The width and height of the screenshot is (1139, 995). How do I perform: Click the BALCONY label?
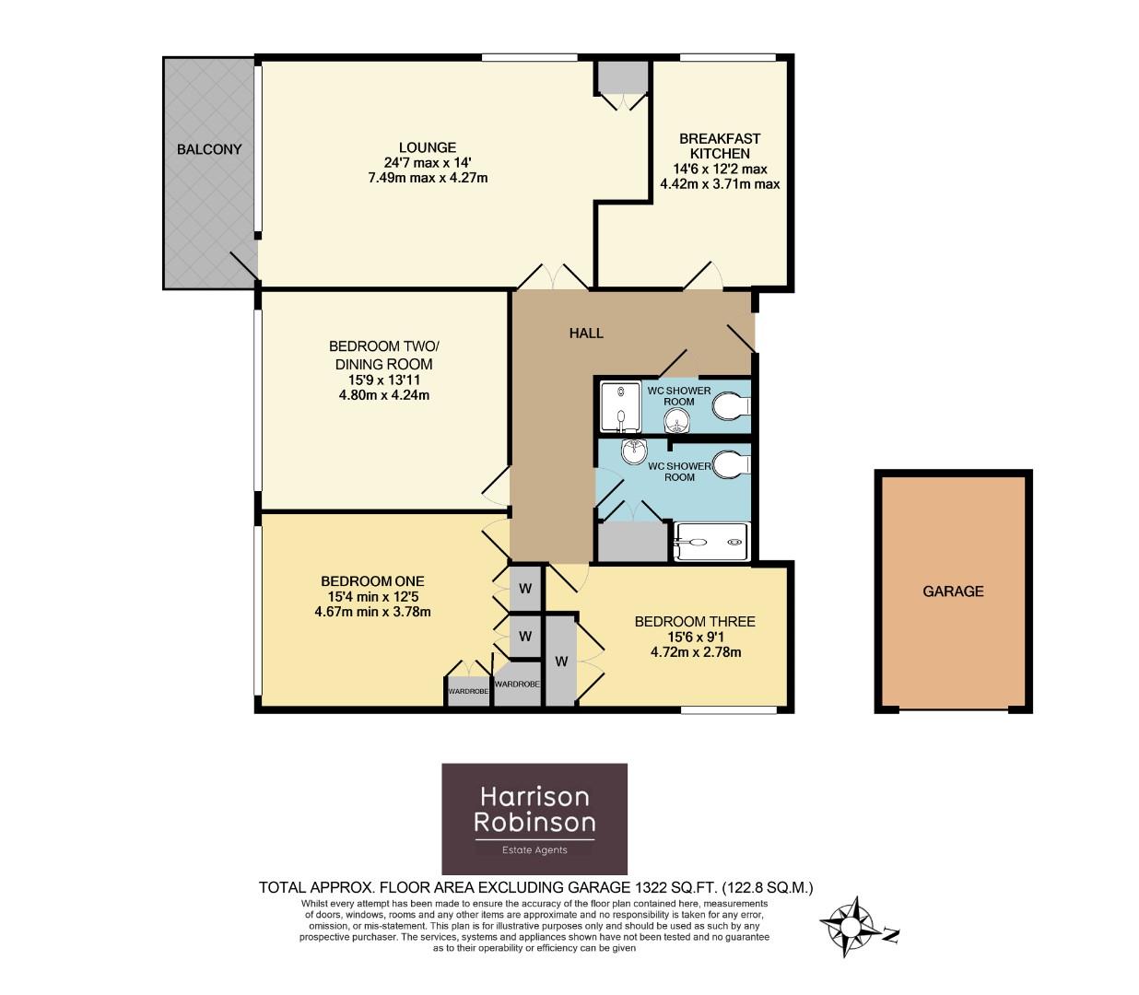click(x=209, y=149)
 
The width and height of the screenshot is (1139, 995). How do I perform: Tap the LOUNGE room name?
click(x=427, y=147)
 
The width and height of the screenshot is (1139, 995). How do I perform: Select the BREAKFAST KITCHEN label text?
click(x=720, y=146)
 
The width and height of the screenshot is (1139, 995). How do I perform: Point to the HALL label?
click(x=586, y=334)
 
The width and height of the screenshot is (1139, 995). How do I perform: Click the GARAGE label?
click(x=953, y=591)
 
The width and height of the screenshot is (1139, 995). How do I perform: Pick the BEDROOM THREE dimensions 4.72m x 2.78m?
click(x=695, y=652)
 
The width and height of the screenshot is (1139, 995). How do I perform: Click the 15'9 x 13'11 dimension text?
click(x=383, y=380)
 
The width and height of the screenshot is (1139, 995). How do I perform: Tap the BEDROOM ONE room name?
click(x=372, y=581)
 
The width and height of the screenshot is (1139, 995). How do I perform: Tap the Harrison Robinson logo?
click(x=534, y=818)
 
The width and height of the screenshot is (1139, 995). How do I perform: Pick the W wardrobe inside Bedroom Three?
click(x=560, y=661)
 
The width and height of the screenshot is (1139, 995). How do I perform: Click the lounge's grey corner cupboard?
click(x=622, y=77)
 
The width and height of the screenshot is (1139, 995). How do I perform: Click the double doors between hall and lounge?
click(x=551, y=277)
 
